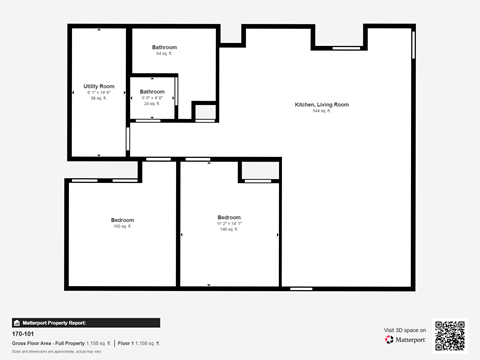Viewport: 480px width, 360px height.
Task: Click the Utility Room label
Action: [99, 86]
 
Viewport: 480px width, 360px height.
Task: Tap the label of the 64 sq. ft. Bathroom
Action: [165, 48]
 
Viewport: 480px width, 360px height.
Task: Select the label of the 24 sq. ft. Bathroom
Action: [152, 92]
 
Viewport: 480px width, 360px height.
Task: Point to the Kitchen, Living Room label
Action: [321, 105]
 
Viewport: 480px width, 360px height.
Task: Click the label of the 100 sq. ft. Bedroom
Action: [122, 220]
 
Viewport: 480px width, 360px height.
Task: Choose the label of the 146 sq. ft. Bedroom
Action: [229, 217]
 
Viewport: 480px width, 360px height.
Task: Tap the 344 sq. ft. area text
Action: [321, 111]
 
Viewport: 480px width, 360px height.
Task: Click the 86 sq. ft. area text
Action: [99, 99]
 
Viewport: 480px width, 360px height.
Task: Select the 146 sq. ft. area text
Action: [229, 229]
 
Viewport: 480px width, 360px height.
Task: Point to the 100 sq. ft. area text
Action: [122, 227]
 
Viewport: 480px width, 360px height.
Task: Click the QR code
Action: [450, 336]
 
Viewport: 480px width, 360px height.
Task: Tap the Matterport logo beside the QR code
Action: [405, 340]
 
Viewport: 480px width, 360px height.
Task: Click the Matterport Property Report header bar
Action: [85, 323]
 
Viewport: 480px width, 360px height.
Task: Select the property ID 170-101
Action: [21, 334]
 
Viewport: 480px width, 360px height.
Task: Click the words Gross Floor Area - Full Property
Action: [39, 343]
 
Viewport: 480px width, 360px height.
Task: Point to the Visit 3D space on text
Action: [405, 329]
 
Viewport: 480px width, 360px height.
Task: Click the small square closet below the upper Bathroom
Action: [204, 111]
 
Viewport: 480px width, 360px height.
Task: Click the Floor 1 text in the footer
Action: [127, 343]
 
